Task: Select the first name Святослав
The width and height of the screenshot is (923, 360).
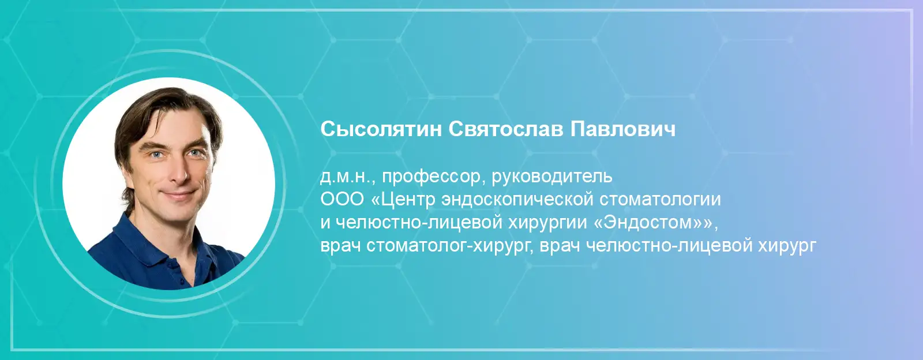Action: (505, 129)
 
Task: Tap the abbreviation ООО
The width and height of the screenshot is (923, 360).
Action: (342, 200)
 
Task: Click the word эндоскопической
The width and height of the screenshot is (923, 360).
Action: (517, 200)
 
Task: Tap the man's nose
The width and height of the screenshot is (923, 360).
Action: (179, 173)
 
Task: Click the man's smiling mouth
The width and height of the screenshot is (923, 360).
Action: (177, 194)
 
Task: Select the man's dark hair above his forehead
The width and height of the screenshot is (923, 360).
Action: (165, 103)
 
